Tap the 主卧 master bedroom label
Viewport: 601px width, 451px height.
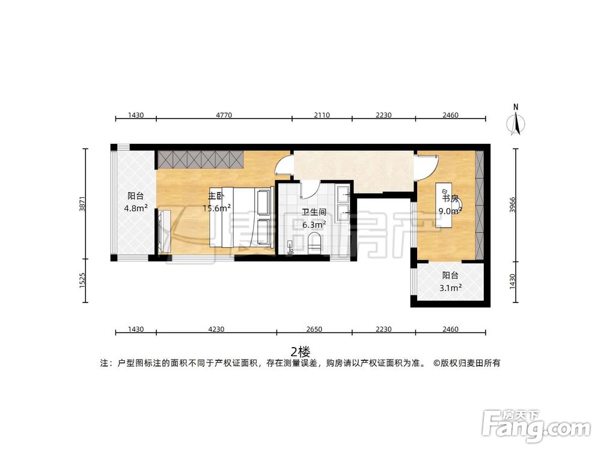click(216, 196)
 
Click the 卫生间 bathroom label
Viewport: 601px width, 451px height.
click(314, 212)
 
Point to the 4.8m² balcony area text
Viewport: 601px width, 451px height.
click(136, 208)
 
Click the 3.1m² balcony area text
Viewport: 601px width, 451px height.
click(451, 288)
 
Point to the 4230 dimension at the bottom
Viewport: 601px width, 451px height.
click(216, 329)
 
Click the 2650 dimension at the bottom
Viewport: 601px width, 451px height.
click(314, 329)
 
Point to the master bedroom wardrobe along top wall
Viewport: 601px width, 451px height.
click(200, 160)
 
